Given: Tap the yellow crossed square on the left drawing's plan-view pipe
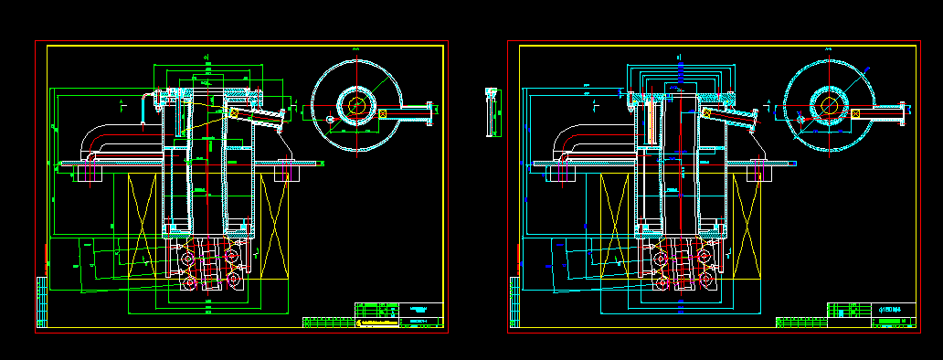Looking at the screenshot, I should pos(383,113).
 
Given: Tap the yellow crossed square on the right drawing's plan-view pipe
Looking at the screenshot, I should pos(856,113).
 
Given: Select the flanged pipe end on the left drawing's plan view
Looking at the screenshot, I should pos(429,113).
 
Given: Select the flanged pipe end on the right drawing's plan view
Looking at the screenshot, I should pos(904,113).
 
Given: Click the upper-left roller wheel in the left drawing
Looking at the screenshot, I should pos(190,259).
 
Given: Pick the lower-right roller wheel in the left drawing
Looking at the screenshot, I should pos(235,281).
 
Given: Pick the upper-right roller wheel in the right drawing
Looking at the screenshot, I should pos(705,259).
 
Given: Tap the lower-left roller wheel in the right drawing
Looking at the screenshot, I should pos(661,281).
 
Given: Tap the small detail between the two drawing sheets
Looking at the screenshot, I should pos(493,111).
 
